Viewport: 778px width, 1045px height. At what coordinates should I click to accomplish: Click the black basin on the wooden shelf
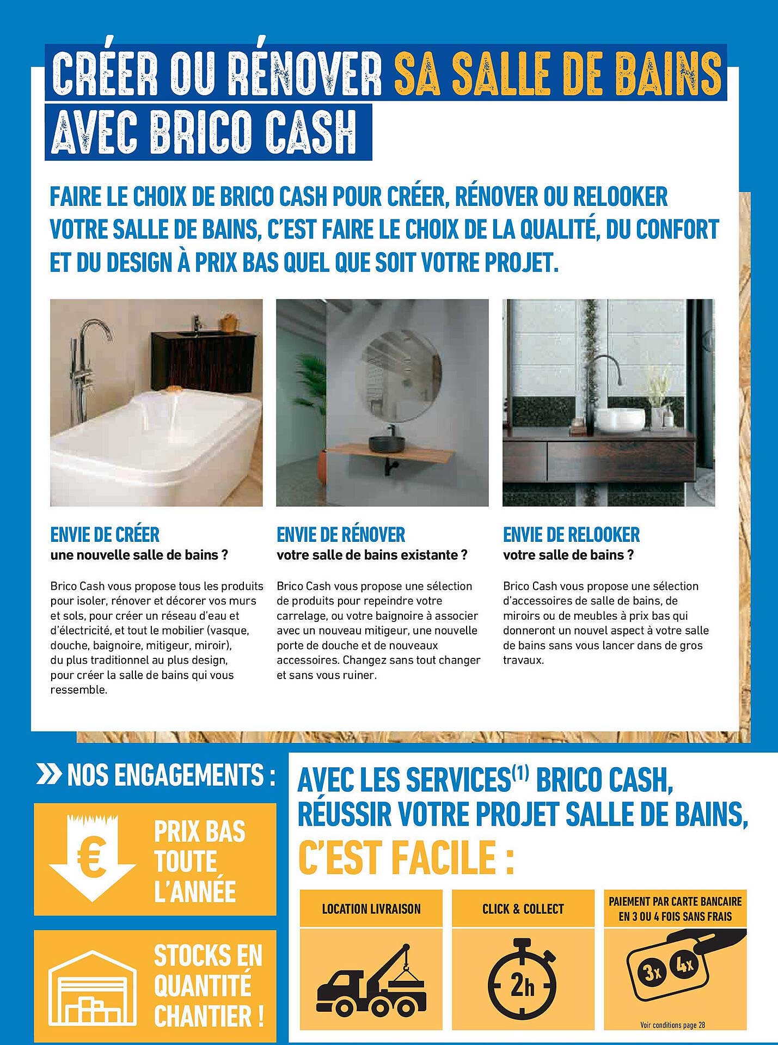tap(387, 443)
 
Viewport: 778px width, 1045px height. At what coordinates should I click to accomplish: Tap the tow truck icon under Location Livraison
tap(371, 980)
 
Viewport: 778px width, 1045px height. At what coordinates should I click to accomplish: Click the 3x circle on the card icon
tap(652, 971)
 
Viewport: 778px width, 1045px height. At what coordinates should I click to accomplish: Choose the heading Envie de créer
tap(105, 535)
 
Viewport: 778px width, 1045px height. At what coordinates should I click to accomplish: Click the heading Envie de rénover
tap(341, 535)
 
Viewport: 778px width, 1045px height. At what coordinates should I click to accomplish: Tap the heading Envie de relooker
tap(571, 535)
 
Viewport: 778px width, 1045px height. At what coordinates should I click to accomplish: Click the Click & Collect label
tap(523, 909)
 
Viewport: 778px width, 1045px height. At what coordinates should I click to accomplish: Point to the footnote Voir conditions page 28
tap(672, 1025)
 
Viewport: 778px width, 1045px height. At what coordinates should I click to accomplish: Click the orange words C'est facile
tap(406, 858)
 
